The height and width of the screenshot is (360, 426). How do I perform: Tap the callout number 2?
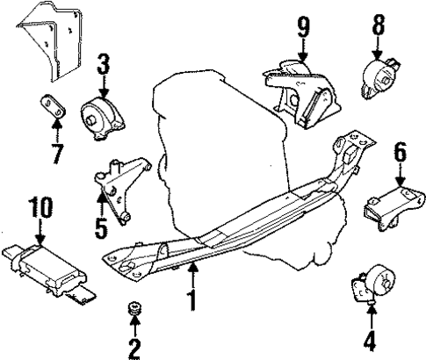pos(134,349)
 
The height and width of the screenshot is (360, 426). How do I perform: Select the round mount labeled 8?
pos(379,76)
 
